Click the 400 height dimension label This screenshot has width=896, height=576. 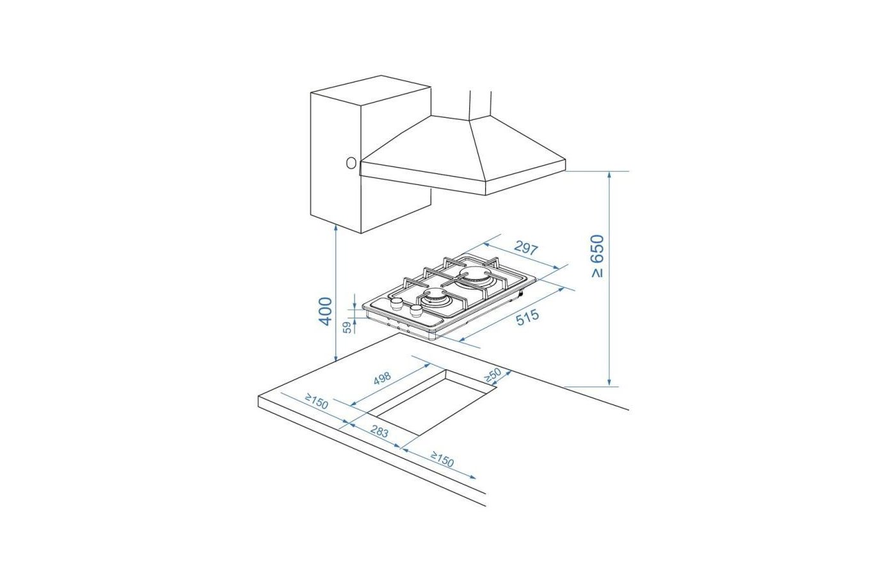[325, 311]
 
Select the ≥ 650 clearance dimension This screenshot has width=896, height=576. [598, 256]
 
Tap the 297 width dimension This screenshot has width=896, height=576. [525, 248]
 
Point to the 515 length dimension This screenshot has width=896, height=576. [527, 317]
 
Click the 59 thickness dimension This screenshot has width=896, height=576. [348, 327]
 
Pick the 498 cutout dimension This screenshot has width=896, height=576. [382, 378]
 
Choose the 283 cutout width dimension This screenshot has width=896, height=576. [379, 431]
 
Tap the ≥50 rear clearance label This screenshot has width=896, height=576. [492, 375]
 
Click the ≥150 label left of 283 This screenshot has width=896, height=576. [316, 401]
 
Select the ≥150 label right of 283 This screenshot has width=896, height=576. [442, 460]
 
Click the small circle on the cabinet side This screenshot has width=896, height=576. [351, 163]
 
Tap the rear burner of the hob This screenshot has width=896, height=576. [475, 275]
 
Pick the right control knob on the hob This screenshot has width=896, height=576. [416, 310]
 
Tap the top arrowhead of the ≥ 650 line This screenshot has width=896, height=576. [609, 175]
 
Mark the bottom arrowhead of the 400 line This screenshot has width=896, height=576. [335, 357]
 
